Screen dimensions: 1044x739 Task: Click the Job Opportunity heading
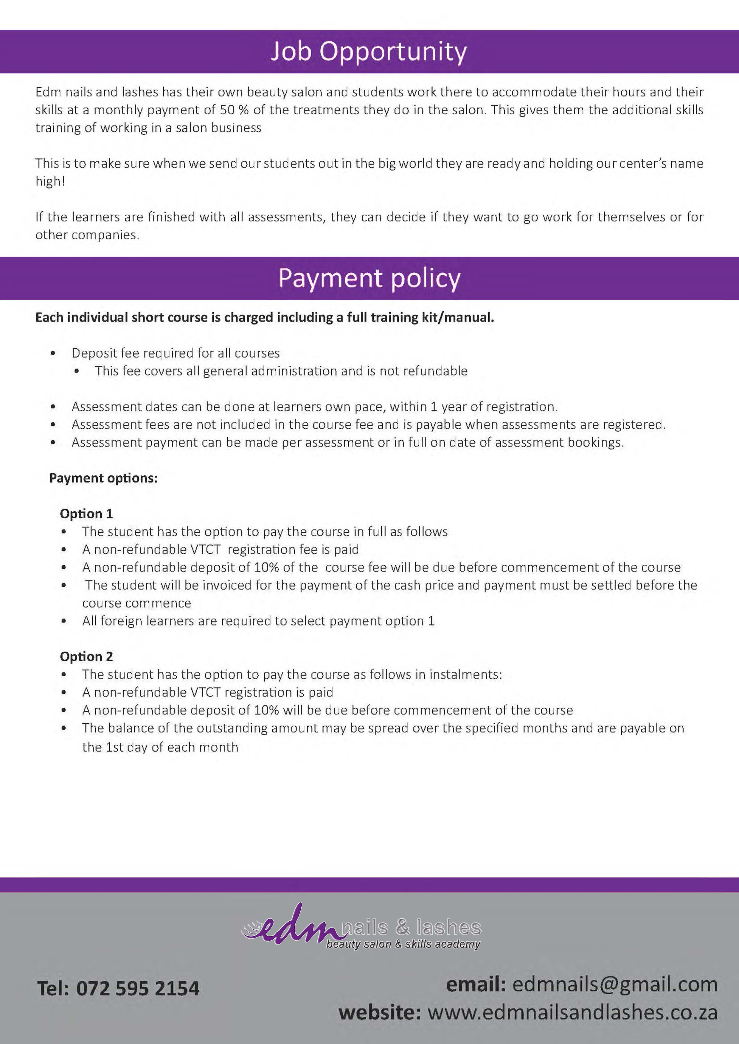(369, 52)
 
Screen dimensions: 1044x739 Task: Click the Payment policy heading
(369, 278)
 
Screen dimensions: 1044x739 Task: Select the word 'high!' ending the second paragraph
(50, 181)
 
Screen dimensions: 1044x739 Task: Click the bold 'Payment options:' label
(103, 478)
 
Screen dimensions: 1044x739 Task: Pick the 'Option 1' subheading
(86, 514)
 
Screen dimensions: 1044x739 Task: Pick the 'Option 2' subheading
(86, 657)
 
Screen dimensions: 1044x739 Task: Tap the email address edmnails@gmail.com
(615, 984)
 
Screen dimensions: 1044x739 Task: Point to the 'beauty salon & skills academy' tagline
(403, 944)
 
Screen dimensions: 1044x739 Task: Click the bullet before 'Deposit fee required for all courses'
(53, 353)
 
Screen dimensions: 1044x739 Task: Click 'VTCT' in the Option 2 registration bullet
(205, 692)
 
